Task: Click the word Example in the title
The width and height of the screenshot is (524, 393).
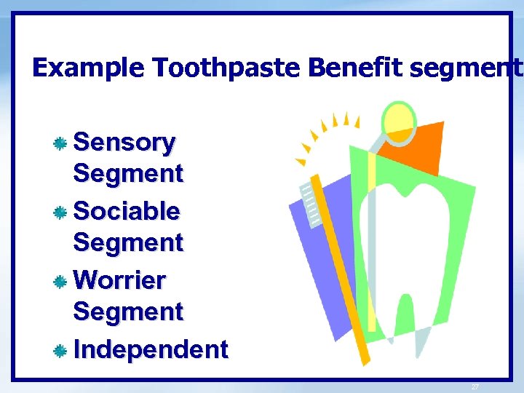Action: [89, 68]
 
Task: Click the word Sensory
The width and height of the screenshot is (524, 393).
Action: [124, 142]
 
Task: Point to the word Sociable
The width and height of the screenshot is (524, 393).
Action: [127, 211]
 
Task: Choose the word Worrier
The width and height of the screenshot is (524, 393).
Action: [120, 279]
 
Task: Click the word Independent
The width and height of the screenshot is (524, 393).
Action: [151, 349]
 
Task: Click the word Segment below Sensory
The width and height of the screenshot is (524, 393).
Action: [128, 174]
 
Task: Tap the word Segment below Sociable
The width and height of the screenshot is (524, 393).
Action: [128, 242]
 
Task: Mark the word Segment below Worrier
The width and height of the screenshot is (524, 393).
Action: [128, 311]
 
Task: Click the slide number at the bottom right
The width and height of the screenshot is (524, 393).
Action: [475, 386]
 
